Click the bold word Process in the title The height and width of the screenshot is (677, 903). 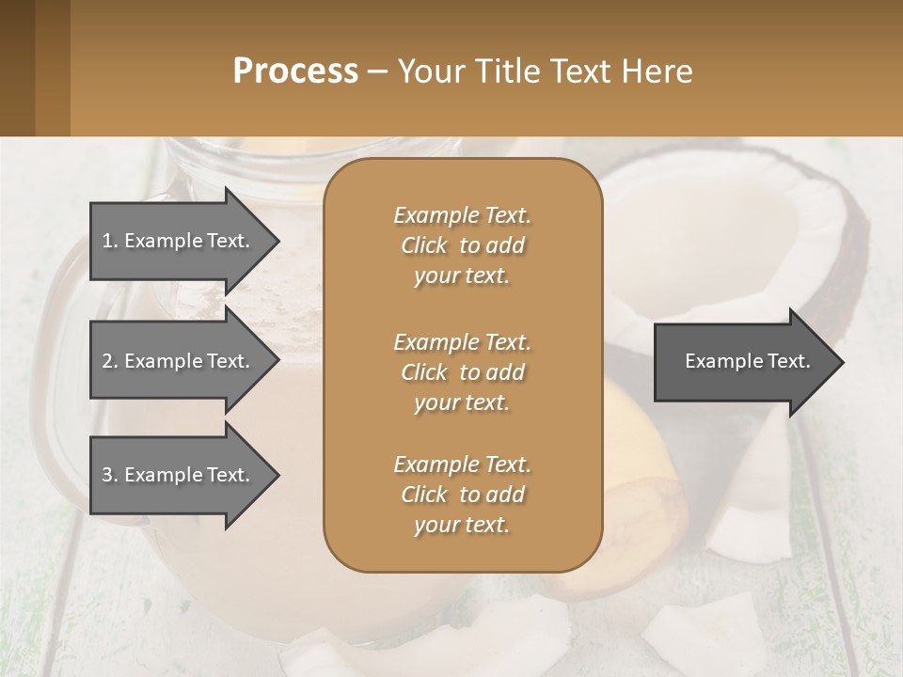pyautogui.click(x=295, y=71)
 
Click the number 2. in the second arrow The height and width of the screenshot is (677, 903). pyautogui.click(x=109, y=361)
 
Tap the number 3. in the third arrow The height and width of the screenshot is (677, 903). pyautogui.click(x=109, y=475)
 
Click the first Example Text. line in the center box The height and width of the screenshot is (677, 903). pyautogui.click(x=462, y=215)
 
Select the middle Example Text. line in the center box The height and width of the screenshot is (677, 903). pyautogui.click(x=462, y=341)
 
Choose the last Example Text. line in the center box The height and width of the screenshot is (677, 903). pyautogui.click(x=462, y=464)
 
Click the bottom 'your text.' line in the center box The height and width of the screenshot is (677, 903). pyautogui.click(x=462, y=526)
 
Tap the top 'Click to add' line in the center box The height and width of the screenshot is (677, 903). pyautogui.click(x=462, y=245)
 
